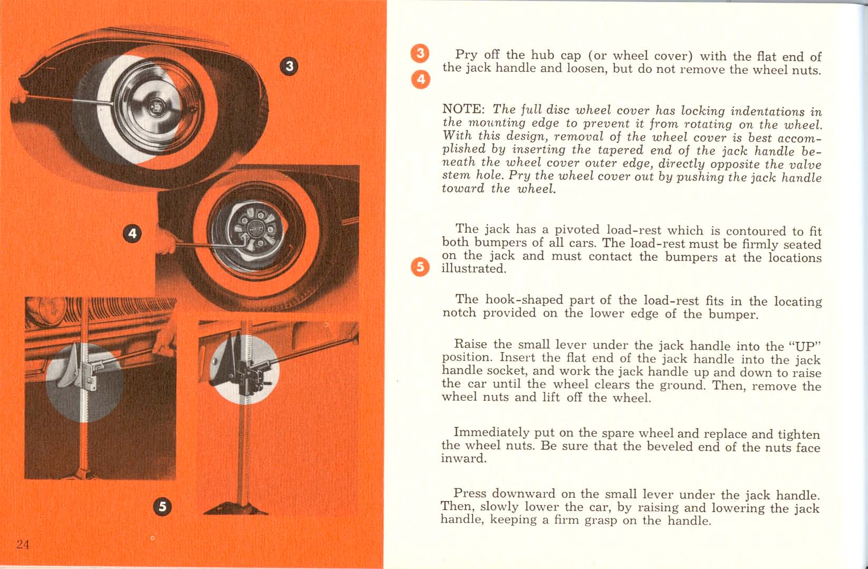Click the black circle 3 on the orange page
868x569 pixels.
click(289, 66)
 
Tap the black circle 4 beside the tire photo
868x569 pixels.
click(132, 234)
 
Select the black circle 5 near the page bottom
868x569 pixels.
click(162, 507)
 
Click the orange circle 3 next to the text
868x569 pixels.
click(420, 53)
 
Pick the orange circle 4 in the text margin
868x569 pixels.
click(420, 79)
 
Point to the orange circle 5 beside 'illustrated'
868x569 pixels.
click(420, 267)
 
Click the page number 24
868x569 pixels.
click(23, 545)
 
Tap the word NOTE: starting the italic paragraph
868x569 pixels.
click(462, 109)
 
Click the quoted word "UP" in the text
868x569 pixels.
click(805, 346)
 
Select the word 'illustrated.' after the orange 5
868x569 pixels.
click(474, 269)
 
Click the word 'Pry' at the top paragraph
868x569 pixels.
click(466, 54)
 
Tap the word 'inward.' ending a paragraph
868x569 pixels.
click(464, 459)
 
